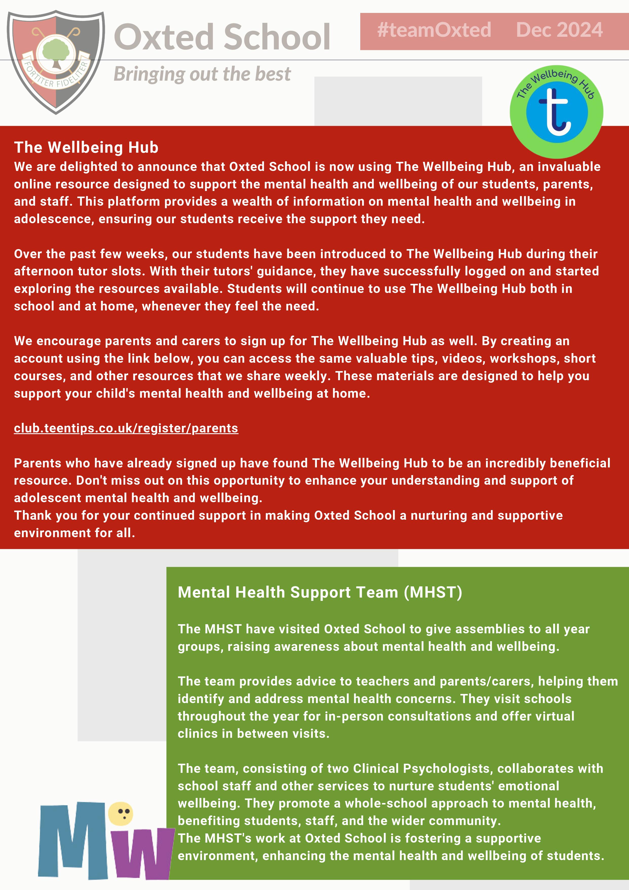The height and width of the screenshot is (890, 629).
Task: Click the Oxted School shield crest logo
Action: [x=56, y=62]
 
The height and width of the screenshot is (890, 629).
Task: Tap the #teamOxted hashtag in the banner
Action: [x=434, y=30]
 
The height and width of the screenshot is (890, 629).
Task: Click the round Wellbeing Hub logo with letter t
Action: [x=556, y=112]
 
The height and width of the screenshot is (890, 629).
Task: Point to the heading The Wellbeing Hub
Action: [x=86, y=148]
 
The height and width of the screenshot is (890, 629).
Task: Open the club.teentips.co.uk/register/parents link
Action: [x=126, y=428]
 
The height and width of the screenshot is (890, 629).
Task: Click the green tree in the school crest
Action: [x=56, y=52]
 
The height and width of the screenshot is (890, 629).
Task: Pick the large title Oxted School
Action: [x=222, y=37]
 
